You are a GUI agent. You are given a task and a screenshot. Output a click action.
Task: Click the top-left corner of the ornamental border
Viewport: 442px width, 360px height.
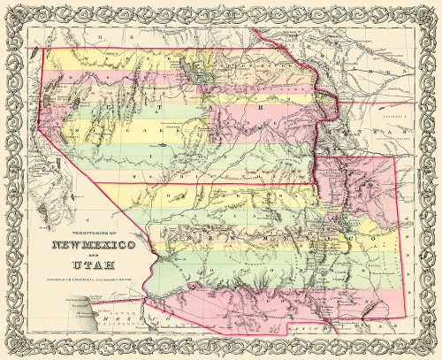click(x=11, y=11)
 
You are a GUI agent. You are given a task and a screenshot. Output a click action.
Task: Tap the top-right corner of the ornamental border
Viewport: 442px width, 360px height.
click(x=431, y=11)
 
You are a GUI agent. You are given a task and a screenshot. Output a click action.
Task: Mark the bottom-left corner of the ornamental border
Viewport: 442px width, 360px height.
click(x=11, y=349)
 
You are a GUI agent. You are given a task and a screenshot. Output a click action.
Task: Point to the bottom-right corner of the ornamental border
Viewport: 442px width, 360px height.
click(x=431, y=349)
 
